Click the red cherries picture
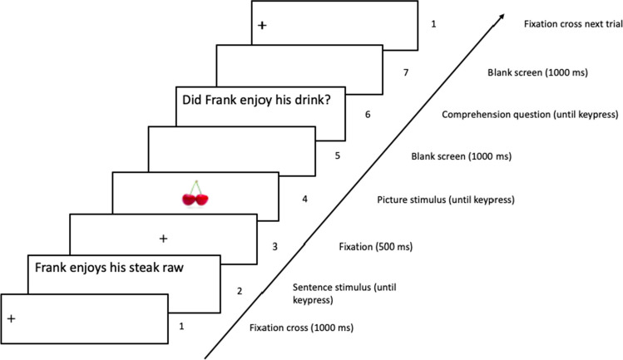[195, 194]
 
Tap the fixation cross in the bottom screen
[11, 318]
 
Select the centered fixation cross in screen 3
[163, 239]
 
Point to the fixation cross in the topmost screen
[262, 26]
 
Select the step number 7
[406, 72]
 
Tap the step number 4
[304, 199]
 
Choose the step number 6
[368, 115]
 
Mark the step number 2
[240, 291]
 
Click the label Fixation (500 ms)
[375, 247]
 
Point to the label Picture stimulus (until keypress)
[445, 200]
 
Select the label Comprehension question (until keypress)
[530, 115]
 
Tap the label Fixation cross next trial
[573, 24]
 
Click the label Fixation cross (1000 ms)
[301, 328]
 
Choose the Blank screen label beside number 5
[461, 156]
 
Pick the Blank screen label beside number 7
[537, 72]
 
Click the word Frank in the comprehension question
[220, 100]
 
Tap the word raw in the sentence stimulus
[173, 269]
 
